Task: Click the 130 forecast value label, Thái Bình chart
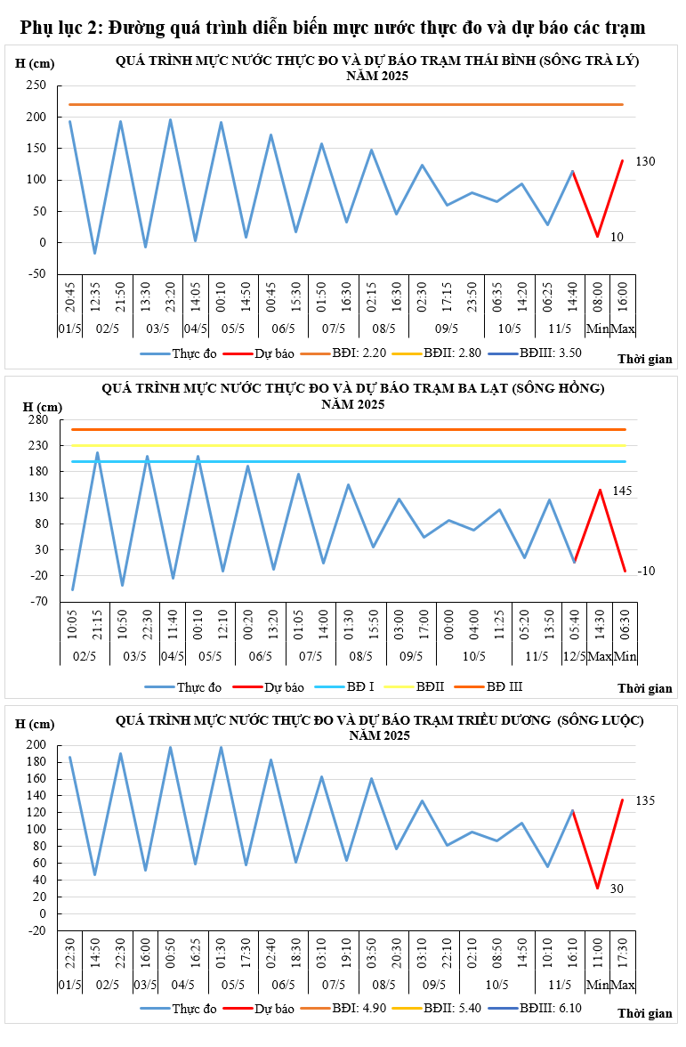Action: (645, 161)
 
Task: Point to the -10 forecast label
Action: (646, 570)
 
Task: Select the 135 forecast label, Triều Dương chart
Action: (645, 800)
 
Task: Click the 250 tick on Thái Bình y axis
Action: (36, 85)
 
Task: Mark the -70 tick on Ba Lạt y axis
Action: (36, 602)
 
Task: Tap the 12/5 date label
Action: (575, 656)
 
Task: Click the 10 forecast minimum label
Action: (617, 238)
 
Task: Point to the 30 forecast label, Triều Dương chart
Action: (617, 889)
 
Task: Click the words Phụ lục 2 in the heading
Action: (59, 28)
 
